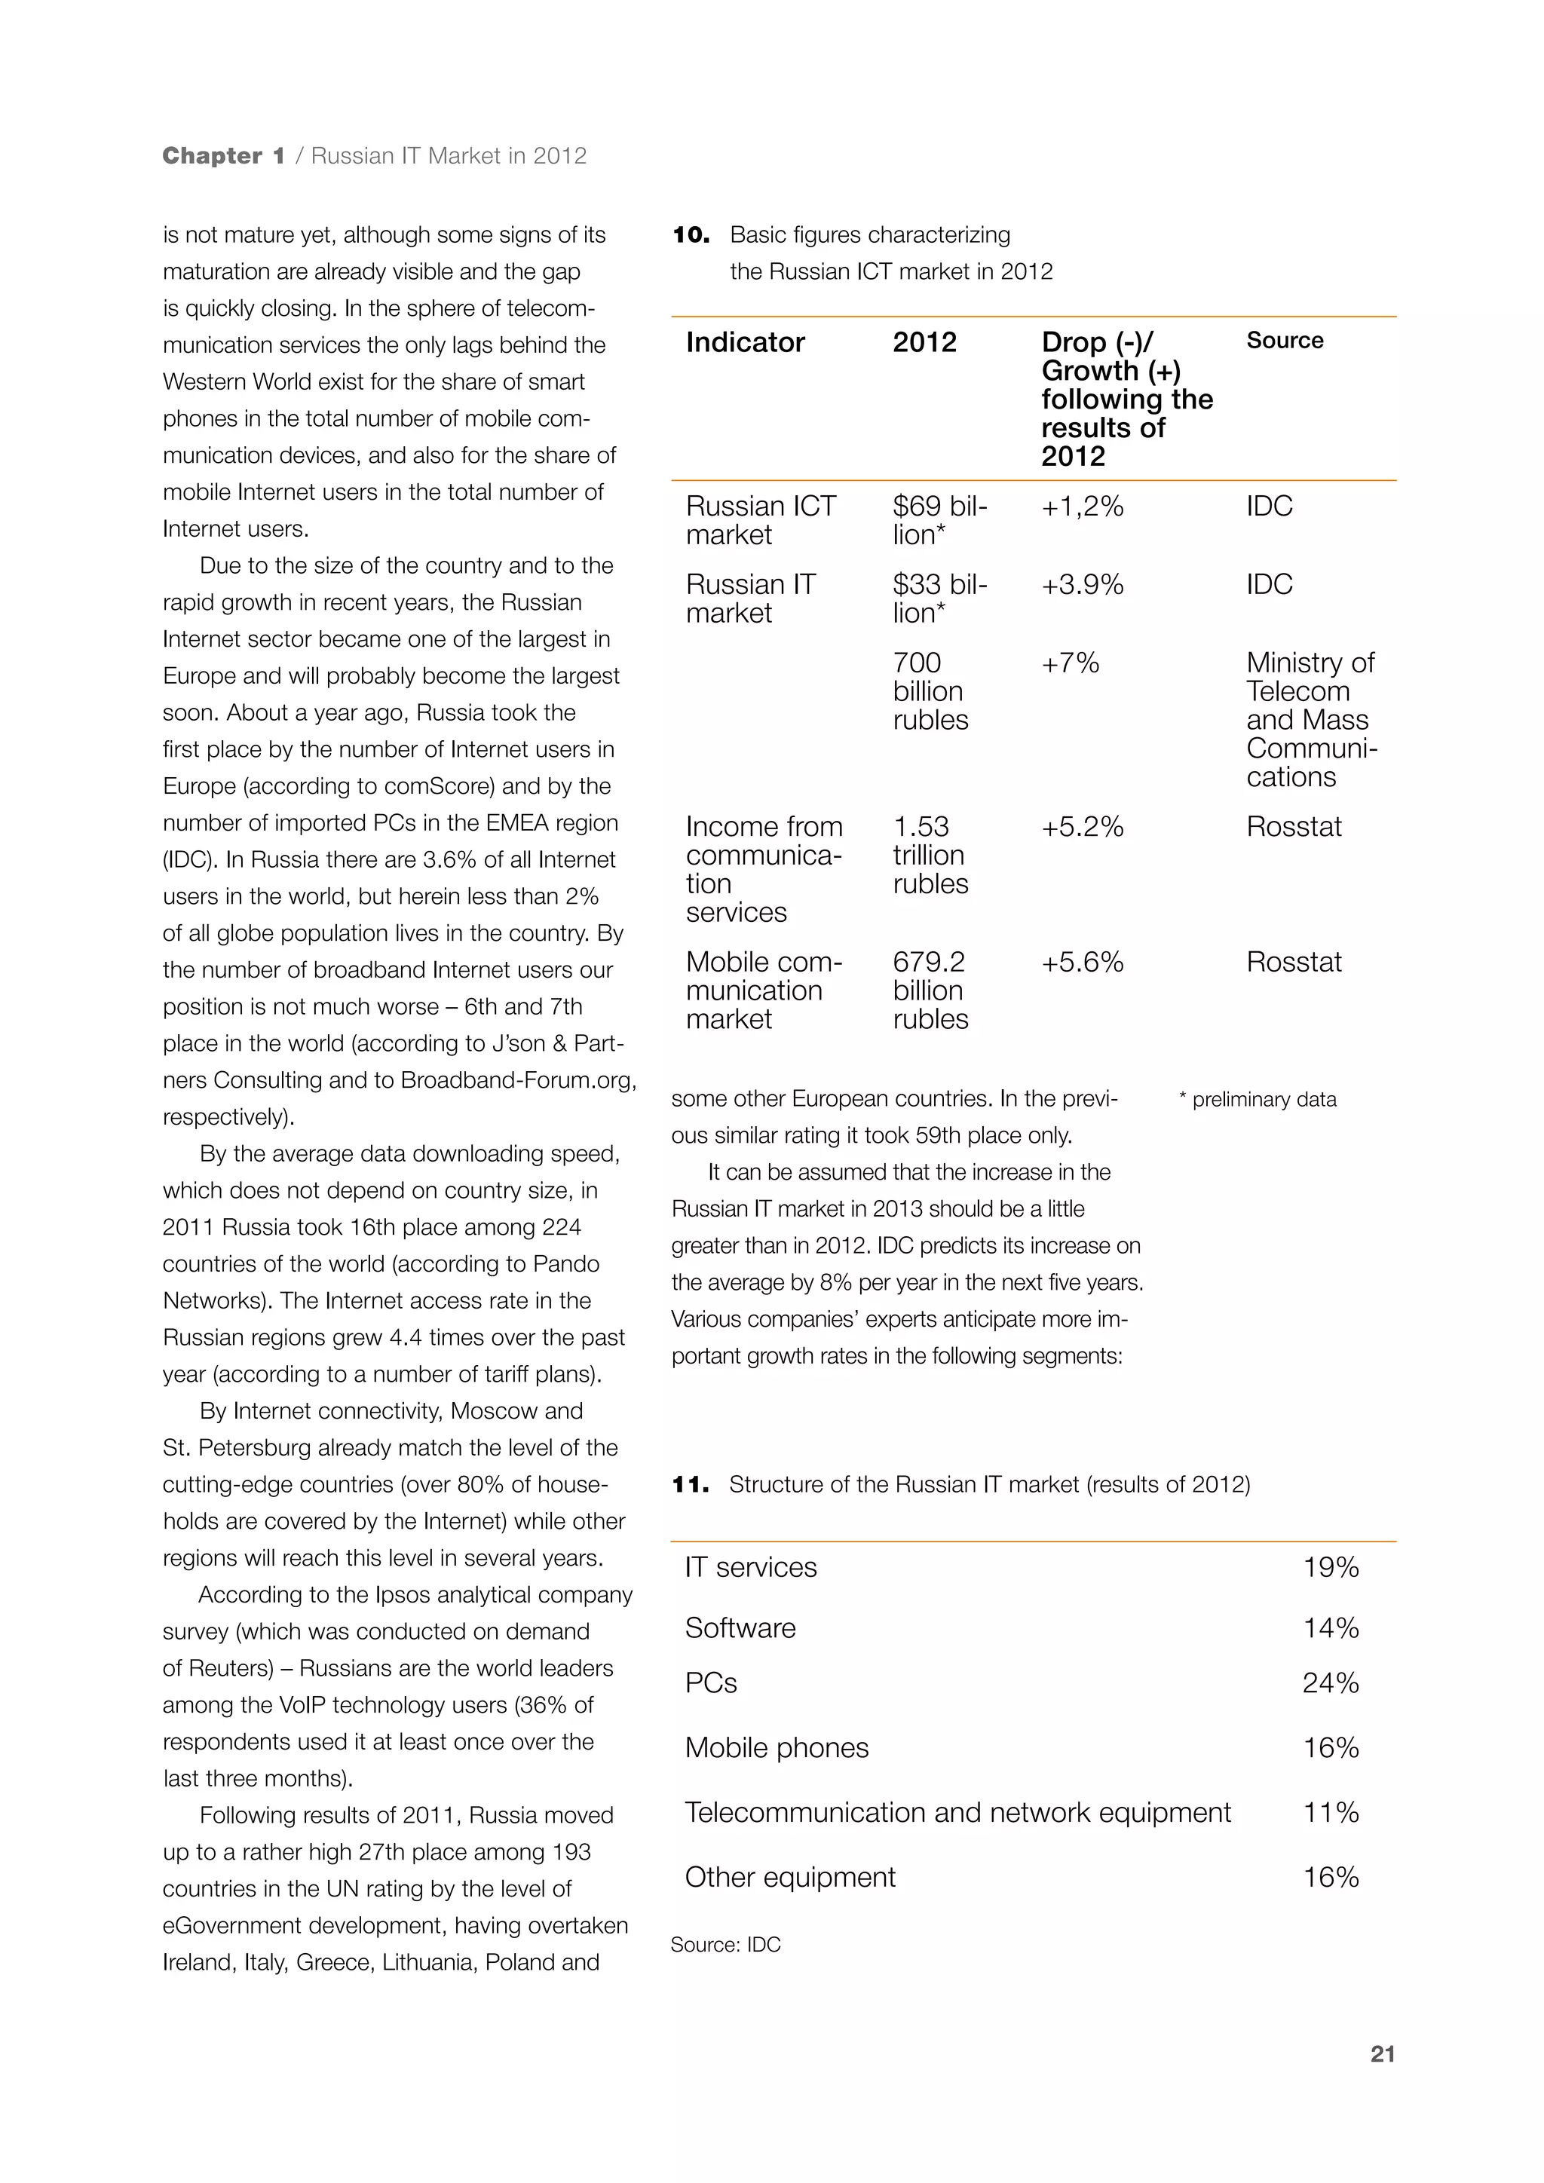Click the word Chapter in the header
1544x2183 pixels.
click(212, 156)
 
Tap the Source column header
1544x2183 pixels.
click(1285, 341)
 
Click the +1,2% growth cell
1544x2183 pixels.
click(1082, 506)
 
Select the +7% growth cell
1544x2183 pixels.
click(1070, 663)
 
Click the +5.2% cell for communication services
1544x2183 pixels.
click(1082, 826)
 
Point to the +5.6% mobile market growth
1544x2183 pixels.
click(1082, 961)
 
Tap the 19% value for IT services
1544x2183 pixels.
click(1330, 1567)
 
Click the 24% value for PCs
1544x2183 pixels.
click(1330, 1683)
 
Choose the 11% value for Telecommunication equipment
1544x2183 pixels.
click(1330, 1812)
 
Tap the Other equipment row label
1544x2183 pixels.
click(789, 1877)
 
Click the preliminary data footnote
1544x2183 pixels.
click(1257, 1099)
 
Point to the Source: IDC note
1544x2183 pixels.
click(725, 1944)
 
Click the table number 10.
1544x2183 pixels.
click(691, 235)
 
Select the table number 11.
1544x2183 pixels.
click(691, 1484)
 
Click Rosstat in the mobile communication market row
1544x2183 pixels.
click(1293, 961)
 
